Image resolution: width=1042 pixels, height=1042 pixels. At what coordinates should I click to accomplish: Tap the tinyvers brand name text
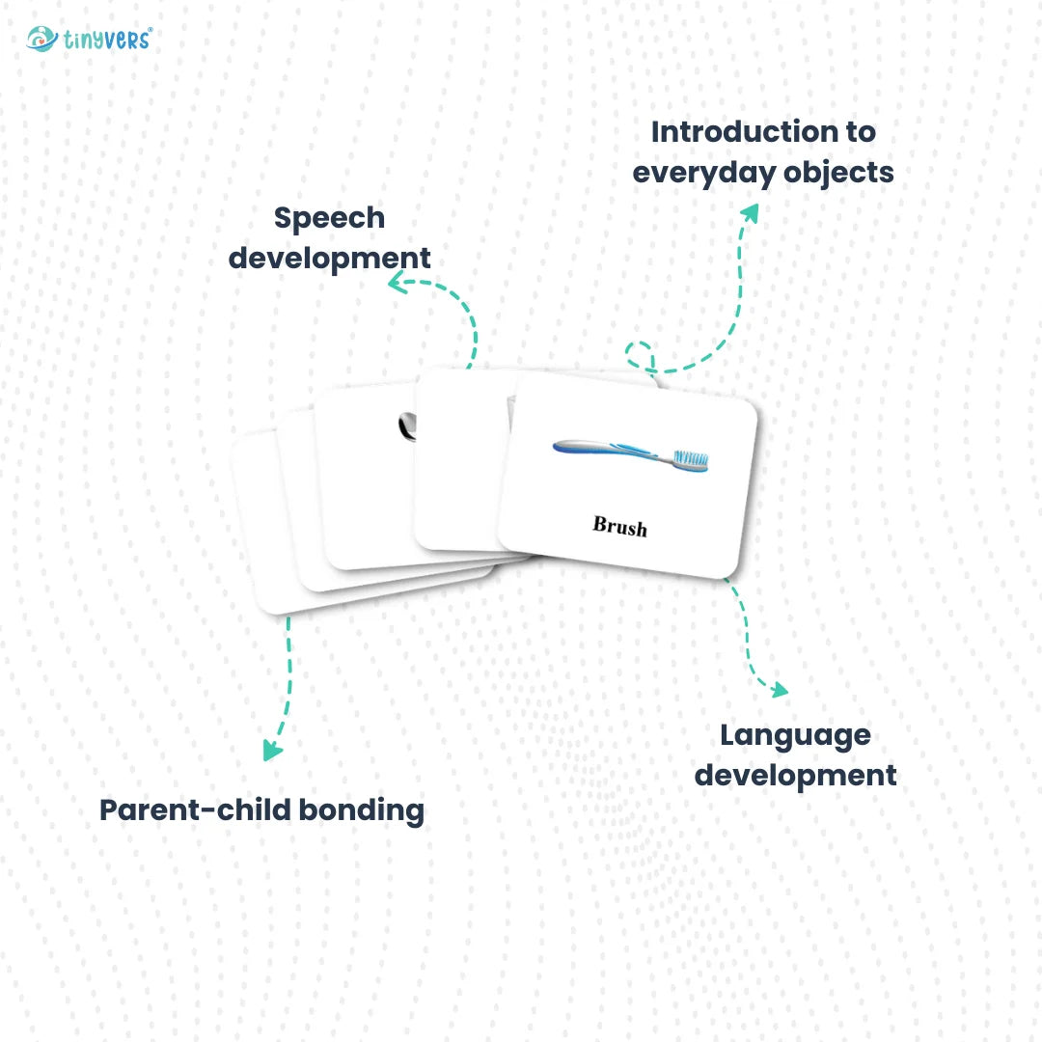point(107,40)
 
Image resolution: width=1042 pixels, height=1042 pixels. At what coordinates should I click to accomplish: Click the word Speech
point(329,217)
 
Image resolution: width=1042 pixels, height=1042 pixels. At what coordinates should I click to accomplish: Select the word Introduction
point(763,131)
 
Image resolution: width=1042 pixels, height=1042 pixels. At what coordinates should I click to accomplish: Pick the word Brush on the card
point(619,526)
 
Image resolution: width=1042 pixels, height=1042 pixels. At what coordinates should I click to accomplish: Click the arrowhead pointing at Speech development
point(396,282)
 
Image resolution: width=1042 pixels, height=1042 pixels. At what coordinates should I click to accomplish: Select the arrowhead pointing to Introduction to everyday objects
point(751,211)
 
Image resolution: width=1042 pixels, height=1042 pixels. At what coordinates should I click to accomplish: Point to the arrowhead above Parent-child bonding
point(273,750)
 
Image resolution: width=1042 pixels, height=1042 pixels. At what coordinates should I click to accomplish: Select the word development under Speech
point(329,259)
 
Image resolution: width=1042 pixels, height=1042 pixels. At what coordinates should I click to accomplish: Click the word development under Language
point(795,775)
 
